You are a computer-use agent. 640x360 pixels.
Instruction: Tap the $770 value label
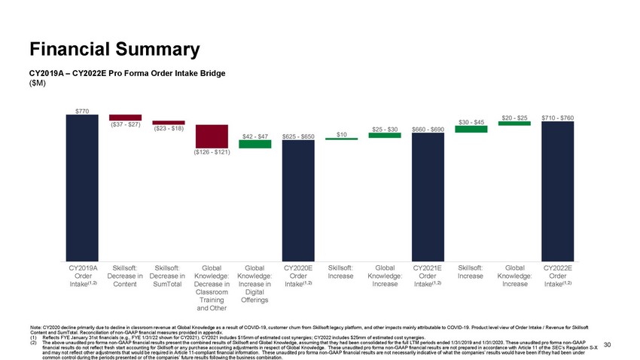click(x=82, y=111)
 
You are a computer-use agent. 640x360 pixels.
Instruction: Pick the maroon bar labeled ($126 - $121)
click(x=212, y=136)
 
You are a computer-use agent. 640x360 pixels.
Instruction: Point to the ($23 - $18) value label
click(x=169, y=128)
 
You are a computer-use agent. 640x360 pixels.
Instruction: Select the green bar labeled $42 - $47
click(x=254, y=144)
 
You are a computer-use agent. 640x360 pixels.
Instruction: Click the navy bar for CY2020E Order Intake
click(x=298, y=200)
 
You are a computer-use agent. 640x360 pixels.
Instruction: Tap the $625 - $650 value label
click(x=298, y=136)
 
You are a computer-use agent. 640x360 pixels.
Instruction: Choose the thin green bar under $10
click(x=341, y=139)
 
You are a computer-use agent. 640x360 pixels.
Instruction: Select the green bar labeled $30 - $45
click(x=471, y=129)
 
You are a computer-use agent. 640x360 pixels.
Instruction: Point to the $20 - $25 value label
click(x=514, y=117)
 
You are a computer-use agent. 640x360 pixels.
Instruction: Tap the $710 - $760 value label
click(x=557, y=117)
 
